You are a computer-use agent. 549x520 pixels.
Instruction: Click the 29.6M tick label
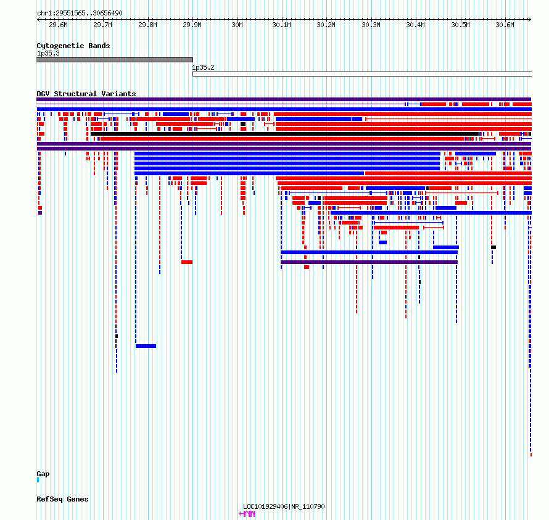coord(58,25)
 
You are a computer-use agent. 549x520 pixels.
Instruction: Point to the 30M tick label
coord(237,25)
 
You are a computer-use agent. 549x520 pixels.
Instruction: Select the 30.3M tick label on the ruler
coord(371,25)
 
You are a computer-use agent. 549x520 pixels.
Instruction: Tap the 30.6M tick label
coord(505,25)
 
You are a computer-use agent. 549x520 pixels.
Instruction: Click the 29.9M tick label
coord(192,25)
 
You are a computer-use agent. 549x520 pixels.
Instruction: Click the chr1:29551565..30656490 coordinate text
coord(80,14)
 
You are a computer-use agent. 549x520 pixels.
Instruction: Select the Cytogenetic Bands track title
coord(73,46)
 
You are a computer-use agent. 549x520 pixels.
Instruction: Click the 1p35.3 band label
coord(48,53)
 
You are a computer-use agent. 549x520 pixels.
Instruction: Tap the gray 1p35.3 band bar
coord(115,60)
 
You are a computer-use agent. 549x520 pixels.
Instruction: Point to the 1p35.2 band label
coord(203,67)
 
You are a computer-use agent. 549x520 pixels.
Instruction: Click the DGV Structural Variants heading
coord(86,94)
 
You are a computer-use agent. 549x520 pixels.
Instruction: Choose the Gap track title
coord(43,474)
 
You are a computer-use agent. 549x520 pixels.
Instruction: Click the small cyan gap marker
coord(38,480)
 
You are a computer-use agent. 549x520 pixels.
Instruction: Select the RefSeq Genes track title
coord(62,499)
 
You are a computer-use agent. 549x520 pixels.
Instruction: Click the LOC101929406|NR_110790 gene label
coord(284,506)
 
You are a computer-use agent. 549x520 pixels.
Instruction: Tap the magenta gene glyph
coord(247,514)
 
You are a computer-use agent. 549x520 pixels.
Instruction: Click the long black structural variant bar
coord(284,134)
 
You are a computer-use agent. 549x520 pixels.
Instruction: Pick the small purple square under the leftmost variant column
coord(40,213)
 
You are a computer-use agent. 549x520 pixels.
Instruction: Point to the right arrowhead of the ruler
coord(530,20)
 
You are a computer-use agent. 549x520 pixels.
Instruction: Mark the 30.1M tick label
coord(281,25)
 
